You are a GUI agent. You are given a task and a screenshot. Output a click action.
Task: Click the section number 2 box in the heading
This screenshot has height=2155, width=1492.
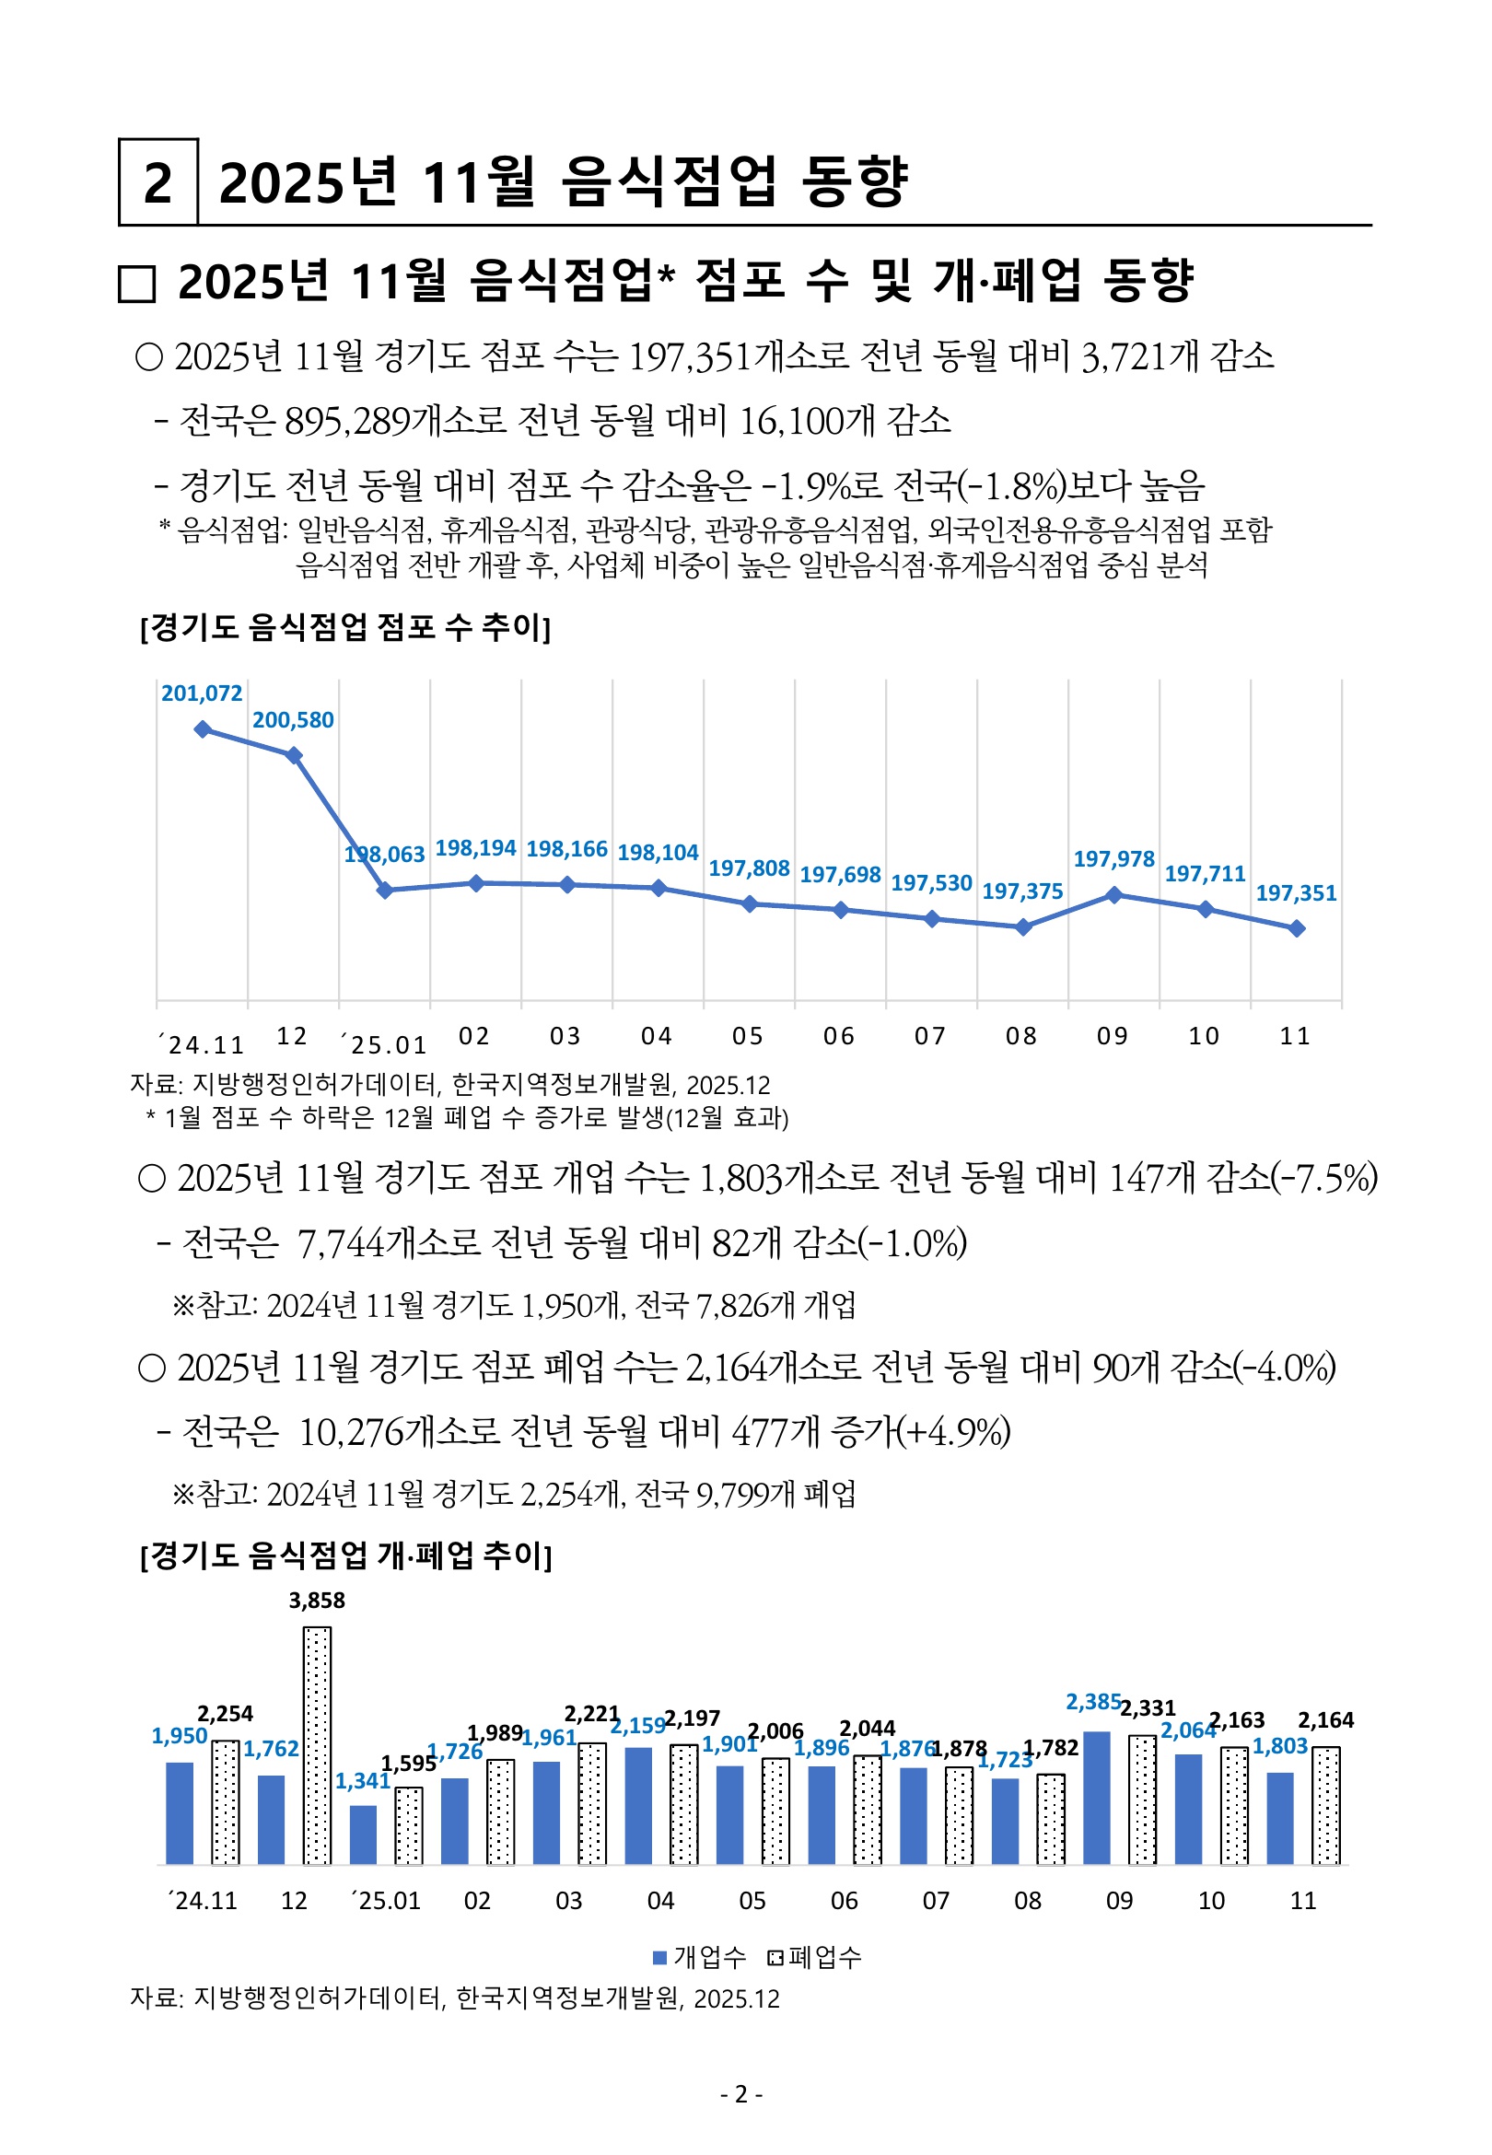[158, 181]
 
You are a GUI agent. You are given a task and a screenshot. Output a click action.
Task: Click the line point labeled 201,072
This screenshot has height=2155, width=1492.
[202, 729]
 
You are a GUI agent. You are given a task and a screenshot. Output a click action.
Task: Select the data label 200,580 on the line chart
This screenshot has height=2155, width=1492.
[293, 719]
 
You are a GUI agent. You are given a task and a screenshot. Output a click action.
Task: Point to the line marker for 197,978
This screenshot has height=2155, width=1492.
[1113, 894]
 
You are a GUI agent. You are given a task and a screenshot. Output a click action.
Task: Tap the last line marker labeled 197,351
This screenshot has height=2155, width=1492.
[1297, 928]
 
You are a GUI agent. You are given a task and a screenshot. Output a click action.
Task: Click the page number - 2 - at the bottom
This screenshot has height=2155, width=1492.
[742, 2094]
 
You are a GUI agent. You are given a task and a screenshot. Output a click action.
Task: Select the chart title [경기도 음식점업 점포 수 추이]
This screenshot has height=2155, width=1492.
[345, 627]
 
